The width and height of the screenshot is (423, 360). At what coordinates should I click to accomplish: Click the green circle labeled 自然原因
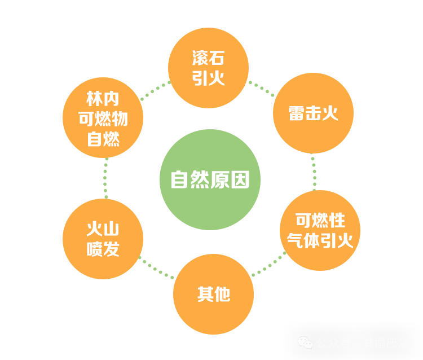tap(210, 179)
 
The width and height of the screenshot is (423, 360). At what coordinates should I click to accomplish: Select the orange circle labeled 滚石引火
tap(208, 68)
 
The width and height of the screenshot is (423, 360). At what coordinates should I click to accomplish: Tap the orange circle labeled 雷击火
tap(313, 113)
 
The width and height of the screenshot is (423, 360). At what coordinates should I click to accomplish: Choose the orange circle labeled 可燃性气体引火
tap(320, 230)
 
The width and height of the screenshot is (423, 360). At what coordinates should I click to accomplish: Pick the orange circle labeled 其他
tap(213, 294)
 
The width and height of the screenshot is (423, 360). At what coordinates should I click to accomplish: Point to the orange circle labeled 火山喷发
tap(103, 239)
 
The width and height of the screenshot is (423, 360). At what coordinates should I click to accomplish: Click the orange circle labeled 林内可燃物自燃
tap(103, 118)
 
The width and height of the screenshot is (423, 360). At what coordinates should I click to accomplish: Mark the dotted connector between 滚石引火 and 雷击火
tap(261, 87)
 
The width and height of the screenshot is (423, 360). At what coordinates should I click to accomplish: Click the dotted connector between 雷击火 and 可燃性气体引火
tap(314, 172)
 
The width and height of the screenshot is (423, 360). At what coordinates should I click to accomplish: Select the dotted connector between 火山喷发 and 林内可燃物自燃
tap(105, 178)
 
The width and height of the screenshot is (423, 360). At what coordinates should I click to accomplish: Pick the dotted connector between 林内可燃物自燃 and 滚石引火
tap(155, 91)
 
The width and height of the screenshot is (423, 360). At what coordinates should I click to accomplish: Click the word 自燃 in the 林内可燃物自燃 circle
tap(103, 138)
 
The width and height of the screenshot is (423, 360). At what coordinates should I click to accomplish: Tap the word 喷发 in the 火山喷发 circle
tap(103, 249)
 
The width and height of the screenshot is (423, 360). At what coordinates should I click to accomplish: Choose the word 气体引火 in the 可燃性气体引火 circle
tap(320, 241)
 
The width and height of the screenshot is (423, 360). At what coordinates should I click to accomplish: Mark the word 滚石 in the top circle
tap(208, 58)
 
